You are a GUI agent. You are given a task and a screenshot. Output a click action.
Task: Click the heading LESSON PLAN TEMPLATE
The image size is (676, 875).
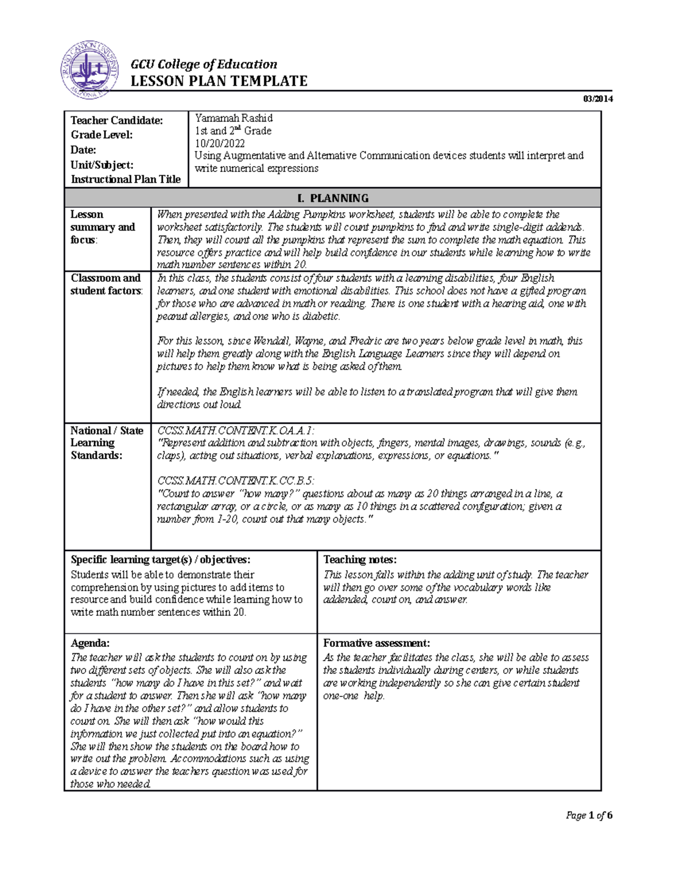219,81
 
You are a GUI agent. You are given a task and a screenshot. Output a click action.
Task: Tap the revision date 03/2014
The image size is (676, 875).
598,99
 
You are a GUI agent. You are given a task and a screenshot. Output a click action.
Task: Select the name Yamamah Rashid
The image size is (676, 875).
234,118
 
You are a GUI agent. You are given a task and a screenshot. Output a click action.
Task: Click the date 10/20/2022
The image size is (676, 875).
220,143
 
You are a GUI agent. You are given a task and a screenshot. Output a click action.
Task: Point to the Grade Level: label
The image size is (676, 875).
102,135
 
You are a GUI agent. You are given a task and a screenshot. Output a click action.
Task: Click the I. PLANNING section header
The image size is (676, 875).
332,198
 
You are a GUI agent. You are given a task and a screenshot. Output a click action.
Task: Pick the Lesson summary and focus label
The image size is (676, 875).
103,227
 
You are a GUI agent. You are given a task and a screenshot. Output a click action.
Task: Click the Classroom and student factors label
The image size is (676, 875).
106,285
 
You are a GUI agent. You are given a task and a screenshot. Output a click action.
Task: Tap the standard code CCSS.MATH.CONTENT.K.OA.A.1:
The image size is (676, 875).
236,431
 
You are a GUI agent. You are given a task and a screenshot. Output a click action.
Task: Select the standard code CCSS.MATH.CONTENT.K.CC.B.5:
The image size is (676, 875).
235,481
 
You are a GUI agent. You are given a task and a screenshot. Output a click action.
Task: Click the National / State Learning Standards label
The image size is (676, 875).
106,443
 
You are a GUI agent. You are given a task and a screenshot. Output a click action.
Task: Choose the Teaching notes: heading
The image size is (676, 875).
360,559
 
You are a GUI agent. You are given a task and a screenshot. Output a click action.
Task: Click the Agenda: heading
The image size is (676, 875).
90,643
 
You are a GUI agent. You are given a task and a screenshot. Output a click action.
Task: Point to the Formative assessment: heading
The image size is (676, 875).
377,643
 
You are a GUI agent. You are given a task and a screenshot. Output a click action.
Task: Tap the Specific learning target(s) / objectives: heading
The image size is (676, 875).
161,559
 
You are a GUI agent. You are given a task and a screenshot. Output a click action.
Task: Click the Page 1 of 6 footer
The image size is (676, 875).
589,815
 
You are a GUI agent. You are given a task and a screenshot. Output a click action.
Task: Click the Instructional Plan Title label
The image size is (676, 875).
126,179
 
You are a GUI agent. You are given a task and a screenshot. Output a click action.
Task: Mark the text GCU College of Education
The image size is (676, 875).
204,64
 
